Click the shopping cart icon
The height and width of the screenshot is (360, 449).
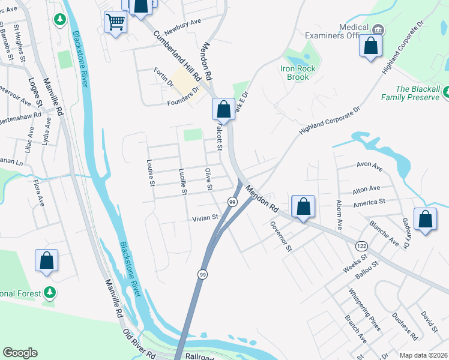[115, 22]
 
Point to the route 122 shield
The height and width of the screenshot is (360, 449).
[361, 246]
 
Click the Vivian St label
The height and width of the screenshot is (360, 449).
[204, 218]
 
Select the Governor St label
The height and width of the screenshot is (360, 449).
[280, 236]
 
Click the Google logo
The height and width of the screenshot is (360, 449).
[20, 353]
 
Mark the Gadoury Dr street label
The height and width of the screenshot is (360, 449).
[405, 233]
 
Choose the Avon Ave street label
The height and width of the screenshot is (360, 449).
[369, 164]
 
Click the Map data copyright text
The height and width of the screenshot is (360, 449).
[423, 355]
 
